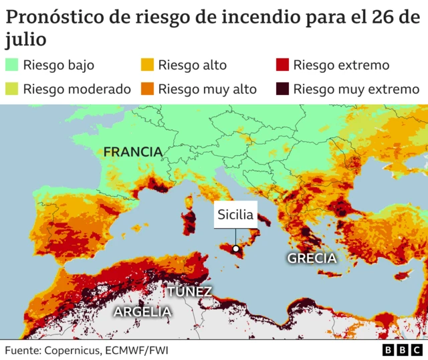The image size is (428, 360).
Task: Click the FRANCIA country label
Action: tap(132, 152)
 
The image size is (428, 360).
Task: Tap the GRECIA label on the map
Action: tap(312, 258)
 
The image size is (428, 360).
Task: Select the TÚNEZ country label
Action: tap(189, 291)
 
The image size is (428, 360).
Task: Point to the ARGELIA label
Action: tap(142, 311)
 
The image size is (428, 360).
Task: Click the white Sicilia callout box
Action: tap(235, 215)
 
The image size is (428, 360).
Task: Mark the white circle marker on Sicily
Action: tap(235, 248)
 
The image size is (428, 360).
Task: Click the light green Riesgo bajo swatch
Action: tap(12, 65)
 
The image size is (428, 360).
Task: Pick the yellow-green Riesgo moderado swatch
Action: tap(12, 88)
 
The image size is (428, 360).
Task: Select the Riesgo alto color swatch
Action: tap(147, 65)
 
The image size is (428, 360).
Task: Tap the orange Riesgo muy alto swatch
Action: tap(147, 88)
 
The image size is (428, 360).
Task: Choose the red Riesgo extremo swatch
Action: tap(282, 65)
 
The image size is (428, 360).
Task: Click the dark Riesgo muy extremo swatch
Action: tap(282, 88)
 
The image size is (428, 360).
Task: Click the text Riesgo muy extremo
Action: tap(356, 88)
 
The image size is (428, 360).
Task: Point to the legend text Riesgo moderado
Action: tap(76, 88)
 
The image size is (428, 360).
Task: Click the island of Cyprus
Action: tap(401, 275)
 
